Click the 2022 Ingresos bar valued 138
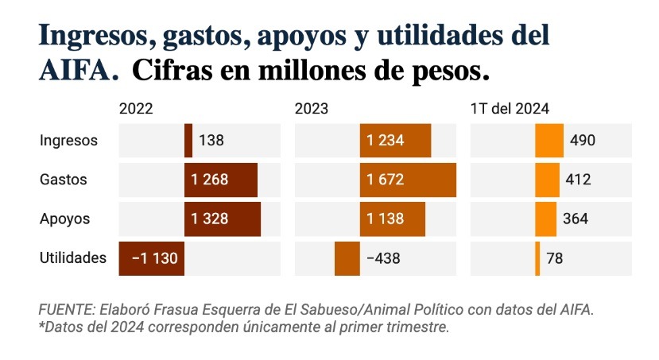click(188, 141)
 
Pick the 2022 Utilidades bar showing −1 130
click(152, 258)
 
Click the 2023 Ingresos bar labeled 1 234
click(395, 141)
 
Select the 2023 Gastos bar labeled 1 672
click(408, 180)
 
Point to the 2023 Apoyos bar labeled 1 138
click(392, 219)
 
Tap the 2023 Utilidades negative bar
click(347, 258)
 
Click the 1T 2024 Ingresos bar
click(549, 141)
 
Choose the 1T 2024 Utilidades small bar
click(537, 258)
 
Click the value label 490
click(583, 141)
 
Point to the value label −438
click(382, 258)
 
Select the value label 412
click(578, 180)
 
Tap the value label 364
click(576, 219)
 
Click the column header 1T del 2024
click(510, 109)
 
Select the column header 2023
click(312, 109)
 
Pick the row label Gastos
click(63, 180)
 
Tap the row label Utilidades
click(72, 258)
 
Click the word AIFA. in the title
click(79, 70)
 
